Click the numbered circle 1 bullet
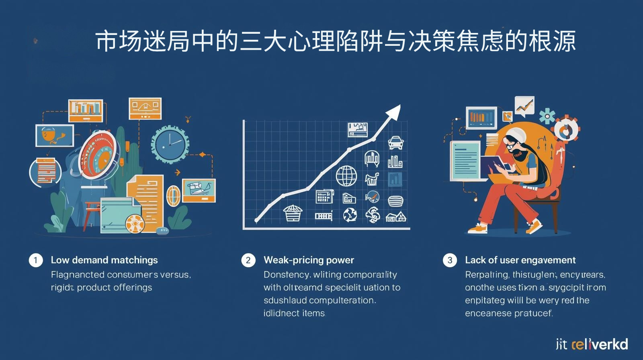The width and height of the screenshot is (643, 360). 36,260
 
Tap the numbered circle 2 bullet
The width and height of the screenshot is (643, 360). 248,260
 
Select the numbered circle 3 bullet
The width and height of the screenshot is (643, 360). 450,260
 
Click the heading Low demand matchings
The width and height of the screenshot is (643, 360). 104,260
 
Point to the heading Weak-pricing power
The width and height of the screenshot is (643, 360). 309,260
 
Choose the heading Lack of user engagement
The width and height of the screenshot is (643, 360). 520,260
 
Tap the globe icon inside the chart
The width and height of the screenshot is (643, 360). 346,176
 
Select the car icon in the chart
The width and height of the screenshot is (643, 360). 396,142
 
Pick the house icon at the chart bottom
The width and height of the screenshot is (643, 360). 396,217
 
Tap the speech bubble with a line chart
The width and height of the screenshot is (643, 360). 524,106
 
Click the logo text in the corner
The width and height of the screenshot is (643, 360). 592,344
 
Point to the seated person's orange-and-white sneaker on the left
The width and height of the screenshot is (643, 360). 477,228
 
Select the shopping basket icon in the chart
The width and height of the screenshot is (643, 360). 292,213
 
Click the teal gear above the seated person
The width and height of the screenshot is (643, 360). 547,116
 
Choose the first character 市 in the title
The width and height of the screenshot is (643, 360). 107,41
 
